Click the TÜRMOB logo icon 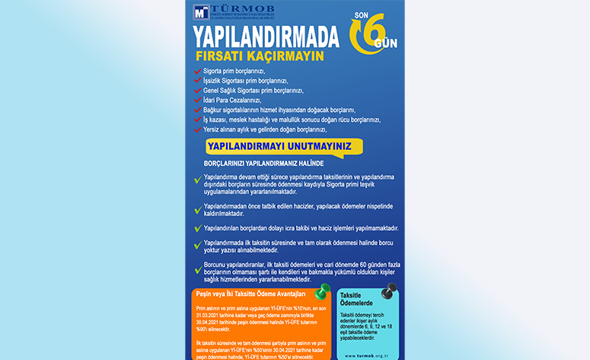(x=202, y=12)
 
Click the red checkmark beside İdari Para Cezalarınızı (x=197, y=100)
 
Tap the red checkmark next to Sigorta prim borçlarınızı (x=197, y=71)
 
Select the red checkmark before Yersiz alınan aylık (x=197, y=129)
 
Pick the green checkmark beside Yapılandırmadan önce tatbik (x=198, y=209)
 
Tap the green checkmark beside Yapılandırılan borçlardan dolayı (x=198, y=228)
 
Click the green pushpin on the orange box (x=321, y=291)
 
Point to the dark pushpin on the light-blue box (x=390, y=291)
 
